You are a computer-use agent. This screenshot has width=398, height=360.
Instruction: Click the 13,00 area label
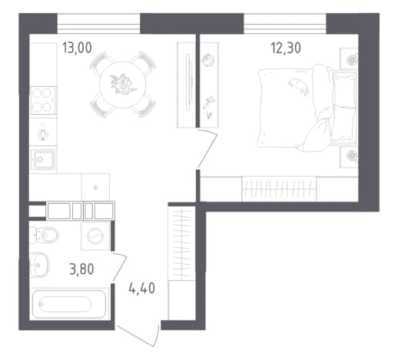[x=77, y=48]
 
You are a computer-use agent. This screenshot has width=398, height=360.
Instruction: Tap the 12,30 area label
[x=286, y=48]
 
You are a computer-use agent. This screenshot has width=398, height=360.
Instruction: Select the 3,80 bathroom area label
[x=81, y=269]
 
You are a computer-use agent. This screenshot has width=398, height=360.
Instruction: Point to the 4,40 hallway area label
[x=142, y=288]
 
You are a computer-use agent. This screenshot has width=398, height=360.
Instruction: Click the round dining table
[x=123, y=85]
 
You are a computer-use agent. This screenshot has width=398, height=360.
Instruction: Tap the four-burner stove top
[x=43, y=100]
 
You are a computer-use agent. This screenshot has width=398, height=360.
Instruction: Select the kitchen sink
[x=43, y=159]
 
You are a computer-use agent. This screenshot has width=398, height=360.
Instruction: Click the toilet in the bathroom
[x=44, y=235]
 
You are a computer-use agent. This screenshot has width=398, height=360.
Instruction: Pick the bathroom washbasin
[x=39, y=265]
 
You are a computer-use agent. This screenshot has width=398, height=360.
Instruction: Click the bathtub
[x=69, y=304]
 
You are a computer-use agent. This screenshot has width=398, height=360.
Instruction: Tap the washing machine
[x=95, y=236]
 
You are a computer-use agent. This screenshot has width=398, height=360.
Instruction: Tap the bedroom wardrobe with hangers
[x=279, y=189]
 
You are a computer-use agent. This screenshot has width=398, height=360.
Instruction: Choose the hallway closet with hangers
[x=181, y=243]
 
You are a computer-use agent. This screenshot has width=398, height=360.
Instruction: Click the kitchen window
[x=98, y=24]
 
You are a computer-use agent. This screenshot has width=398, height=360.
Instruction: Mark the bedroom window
[x=285, y=24]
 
